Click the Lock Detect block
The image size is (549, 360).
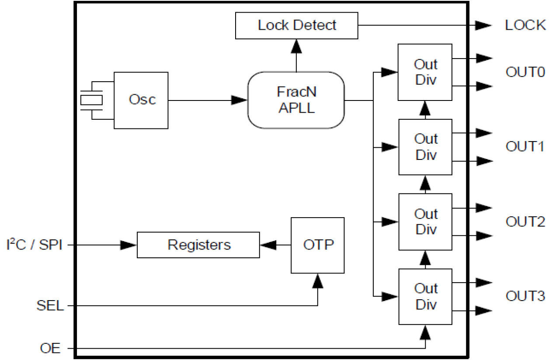pos(297,25)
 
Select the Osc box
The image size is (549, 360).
pos(141,100)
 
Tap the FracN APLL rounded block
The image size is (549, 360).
pos(296,100)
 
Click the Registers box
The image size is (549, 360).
pos(198,245)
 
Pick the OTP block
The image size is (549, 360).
pos(318,245)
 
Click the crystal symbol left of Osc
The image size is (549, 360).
pos(92,100)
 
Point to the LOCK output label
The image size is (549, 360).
pos(525,25)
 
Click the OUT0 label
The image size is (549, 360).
pos(525,72)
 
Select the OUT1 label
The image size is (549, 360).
pos(525,147)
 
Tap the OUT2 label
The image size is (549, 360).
pos(525,222)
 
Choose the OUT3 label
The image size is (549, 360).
pos(525,297)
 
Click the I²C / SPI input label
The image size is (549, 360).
pos(34,246)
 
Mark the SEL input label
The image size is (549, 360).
pos(50,306)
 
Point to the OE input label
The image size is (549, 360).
pos(50,349)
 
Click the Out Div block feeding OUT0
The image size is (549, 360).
pos(425,72)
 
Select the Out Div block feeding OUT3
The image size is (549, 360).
pos(425,297)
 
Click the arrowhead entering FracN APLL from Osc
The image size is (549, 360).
pos(240,100)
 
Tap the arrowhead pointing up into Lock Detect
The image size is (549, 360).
pos(297,45)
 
